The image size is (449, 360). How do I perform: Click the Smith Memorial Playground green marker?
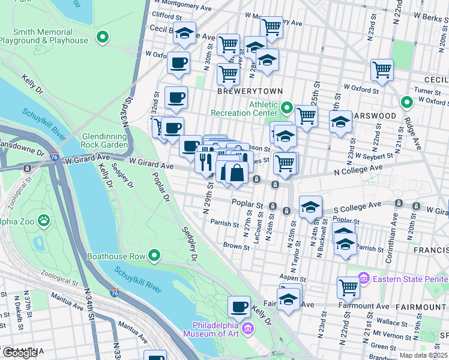(x=103, y=38)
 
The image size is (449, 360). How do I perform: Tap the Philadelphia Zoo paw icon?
(x=44, y=221)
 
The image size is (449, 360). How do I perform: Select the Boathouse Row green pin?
(x=154, y=256)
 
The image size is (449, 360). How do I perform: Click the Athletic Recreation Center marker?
(x=287, y=109)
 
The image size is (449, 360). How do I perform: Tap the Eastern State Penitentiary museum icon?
(x=363, y=278)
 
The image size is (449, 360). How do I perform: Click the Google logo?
(x=19, y=353)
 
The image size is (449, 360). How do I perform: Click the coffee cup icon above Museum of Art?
(x=239, y=307)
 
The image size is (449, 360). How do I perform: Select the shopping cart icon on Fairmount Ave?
(x=348, y=287)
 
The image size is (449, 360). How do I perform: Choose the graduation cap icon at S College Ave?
(x=310, y=207)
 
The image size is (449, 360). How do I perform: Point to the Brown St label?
(x=232, y=245)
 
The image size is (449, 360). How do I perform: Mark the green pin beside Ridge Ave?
(x=406, y=103)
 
